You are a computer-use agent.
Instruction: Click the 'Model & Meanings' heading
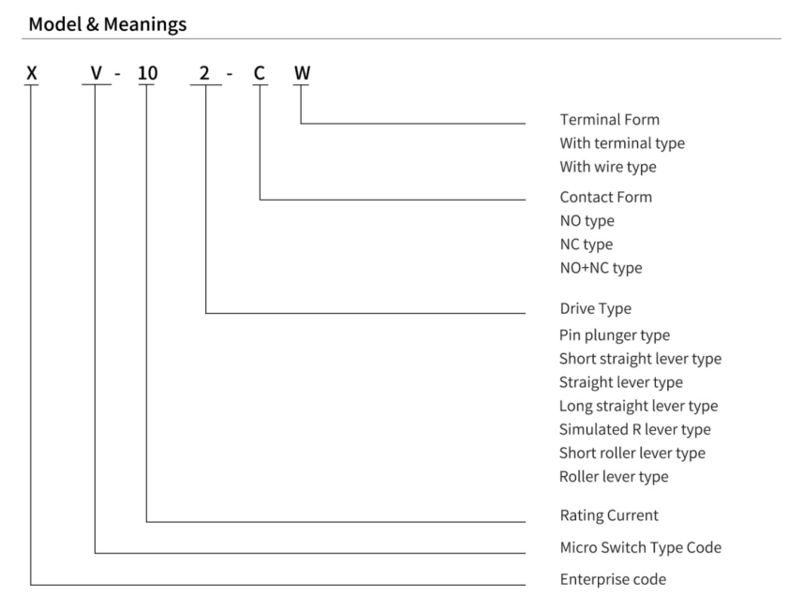point(108,24)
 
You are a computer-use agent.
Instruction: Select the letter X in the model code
point(32,73)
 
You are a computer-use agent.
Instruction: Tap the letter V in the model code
point(97,73)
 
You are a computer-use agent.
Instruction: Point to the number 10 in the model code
point(147,73)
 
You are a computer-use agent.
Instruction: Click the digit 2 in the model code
point(204,73)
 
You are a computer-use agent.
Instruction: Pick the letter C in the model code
point(260,73)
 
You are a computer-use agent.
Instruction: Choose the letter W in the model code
point(302,73)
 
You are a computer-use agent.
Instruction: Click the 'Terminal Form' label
point(609,119)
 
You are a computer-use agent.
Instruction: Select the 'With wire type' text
point(608,167)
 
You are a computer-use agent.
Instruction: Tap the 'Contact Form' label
point(606,197)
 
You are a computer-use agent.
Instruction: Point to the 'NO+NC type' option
point(601,268)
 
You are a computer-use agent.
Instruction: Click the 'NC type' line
point(586,245)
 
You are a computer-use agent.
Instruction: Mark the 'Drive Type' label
point(596,308)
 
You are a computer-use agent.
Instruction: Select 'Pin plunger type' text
point(615,335)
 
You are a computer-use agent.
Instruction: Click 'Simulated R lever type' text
point(635,429)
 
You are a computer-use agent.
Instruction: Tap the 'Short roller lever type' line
point(632,453)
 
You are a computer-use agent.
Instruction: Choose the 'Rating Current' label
point(609,514)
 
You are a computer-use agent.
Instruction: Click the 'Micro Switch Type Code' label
point(641,547)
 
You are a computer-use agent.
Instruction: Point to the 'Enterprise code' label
point(613,579)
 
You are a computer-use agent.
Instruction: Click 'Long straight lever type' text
point(639,406)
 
